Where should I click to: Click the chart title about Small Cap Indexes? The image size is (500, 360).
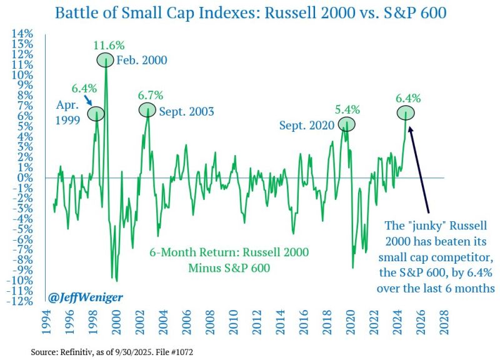pyautogui.click(x=250, y=13)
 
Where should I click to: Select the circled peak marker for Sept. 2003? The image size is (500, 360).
pyautogui.click(x=147, y=111)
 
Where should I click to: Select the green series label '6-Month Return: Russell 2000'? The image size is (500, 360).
pyautogui.click(x=229, y=254)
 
